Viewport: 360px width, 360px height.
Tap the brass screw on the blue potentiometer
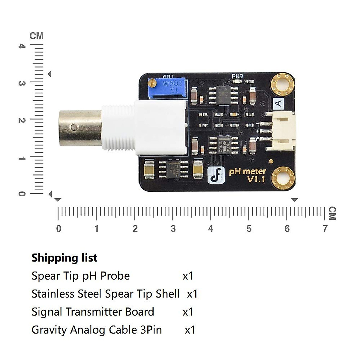point(152,82)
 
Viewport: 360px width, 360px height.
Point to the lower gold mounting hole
point(283,178)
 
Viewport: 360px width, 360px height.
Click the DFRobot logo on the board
point(216,175)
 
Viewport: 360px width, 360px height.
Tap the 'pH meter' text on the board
point(247,171)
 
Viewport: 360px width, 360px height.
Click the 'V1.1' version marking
point(256,179)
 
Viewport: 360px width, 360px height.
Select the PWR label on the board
point(237,76)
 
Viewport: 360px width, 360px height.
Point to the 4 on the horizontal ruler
point(211,229)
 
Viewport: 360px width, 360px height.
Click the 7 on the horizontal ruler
point(325,229)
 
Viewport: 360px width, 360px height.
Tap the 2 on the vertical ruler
point(22,120)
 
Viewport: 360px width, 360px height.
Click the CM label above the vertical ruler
point(36,36)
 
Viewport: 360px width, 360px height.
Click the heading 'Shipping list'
point(64,258)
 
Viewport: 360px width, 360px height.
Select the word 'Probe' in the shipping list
point(115,276)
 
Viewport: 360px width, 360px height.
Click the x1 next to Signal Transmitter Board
point(188,312)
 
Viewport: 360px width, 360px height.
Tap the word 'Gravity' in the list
point(49,330)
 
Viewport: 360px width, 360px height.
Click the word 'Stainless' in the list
point(51,294)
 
